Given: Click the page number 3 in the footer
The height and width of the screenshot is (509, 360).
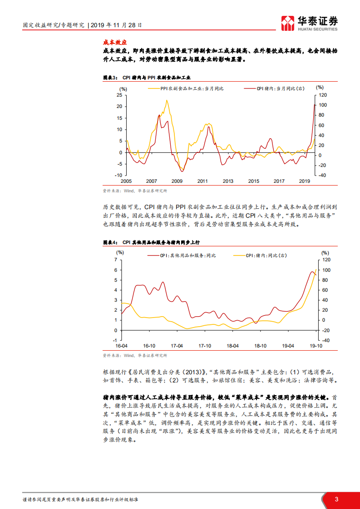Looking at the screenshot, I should [x=336, y=499].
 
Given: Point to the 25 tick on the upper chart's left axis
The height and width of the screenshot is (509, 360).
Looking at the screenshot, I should [x=119, y=95].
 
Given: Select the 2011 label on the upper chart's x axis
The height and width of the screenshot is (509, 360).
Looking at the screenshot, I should [x=202, y=181].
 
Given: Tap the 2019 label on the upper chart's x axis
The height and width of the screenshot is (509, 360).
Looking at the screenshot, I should [x=304, y=181].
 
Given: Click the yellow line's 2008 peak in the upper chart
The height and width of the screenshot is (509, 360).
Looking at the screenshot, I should [x=167, y=100].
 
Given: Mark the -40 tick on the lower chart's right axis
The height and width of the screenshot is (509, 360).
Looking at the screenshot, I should [x=325, y=340].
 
